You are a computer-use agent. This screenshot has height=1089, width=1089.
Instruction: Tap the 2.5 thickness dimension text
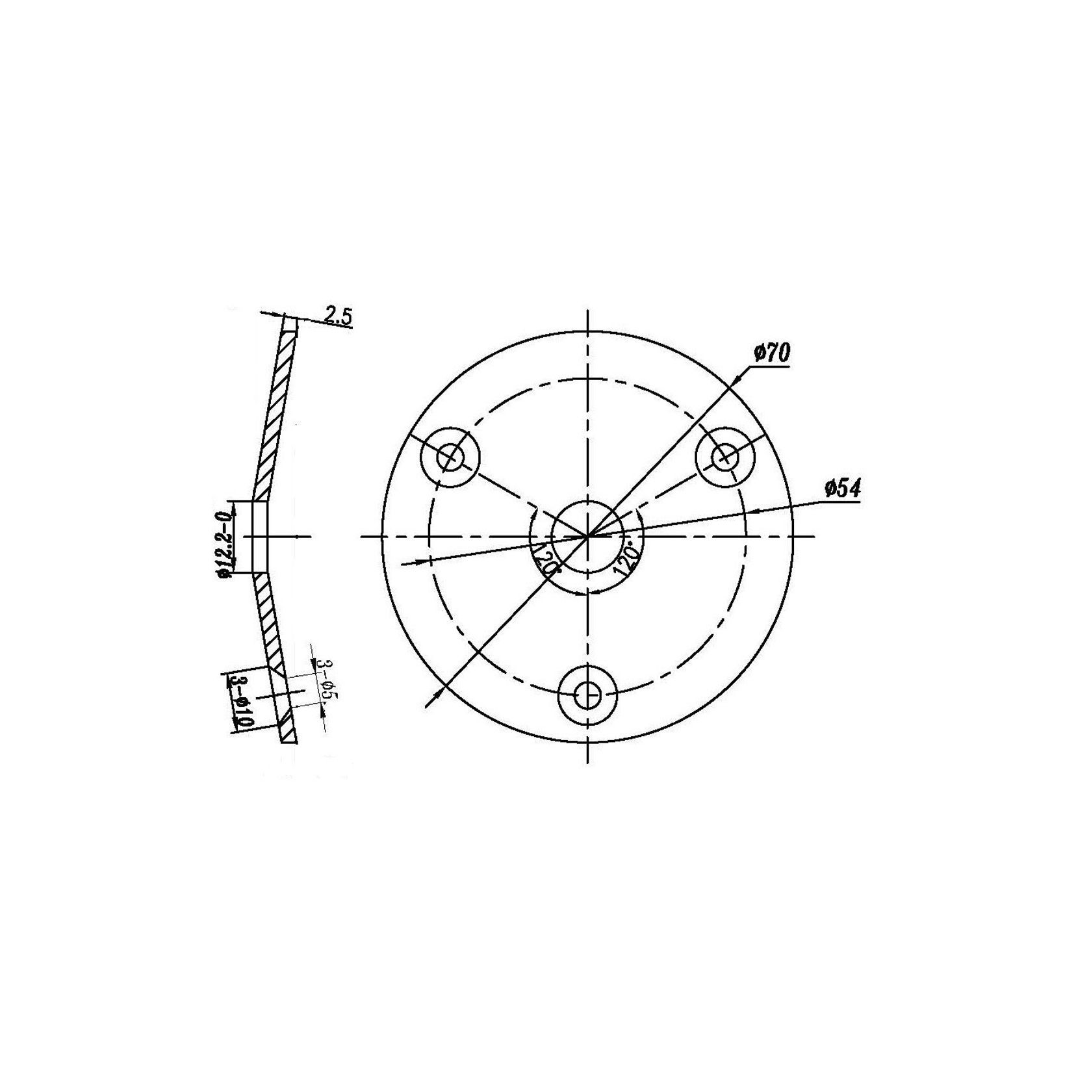click(x=337, y=316)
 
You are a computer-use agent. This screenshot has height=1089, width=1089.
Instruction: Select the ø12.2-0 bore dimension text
click(x=225, y=537)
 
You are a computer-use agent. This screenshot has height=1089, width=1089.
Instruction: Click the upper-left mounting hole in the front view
click(x=449, y=457)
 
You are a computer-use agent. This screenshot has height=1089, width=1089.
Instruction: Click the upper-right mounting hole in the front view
click(x=725, y=457)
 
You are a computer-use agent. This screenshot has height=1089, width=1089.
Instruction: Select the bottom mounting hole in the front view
click(x=587, y=696)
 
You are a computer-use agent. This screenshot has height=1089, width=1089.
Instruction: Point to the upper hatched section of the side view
click(x=274, y=416)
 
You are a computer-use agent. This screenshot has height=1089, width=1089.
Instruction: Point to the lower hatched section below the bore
click(x=268, y=617)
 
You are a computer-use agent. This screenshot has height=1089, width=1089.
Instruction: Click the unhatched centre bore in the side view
click(x=259, y=537)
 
